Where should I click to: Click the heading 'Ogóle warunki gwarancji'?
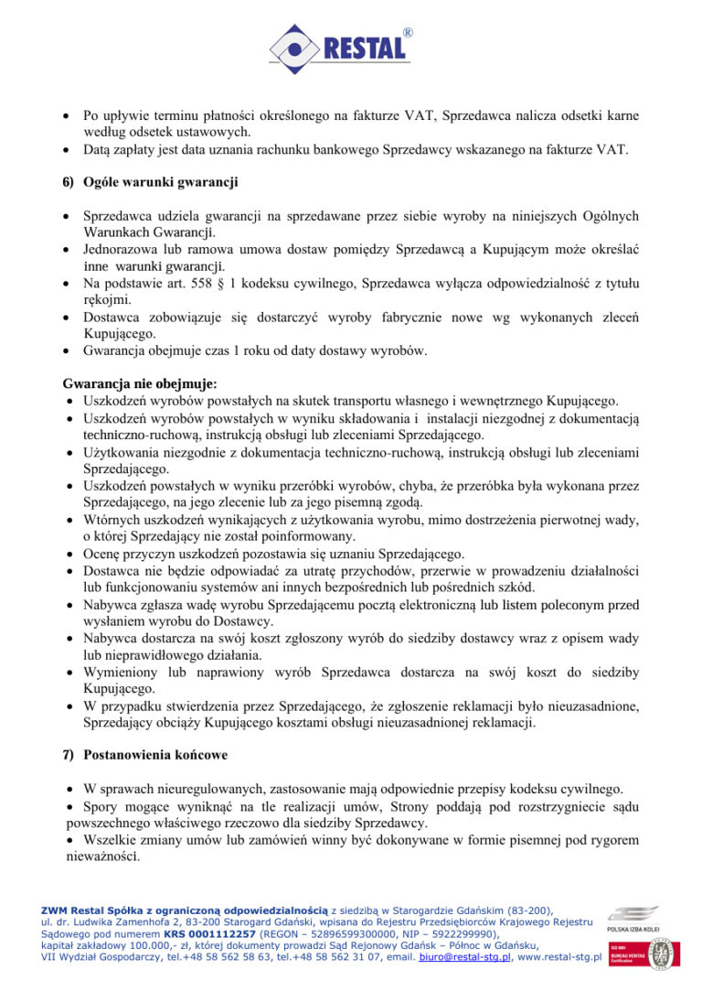pyautogui.click(x=160, y=182)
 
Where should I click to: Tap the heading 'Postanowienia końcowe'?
pyautogui.click(x=155, y=756)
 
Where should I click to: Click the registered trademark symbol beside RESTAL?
pyautogui.click(x=407, y=32)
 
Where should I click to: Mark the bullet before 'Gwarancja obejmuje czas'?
pyautogui.click(x=68, y=350)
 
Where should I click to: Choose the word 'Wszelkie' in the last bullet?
pyautogui.click(x=110, y=840)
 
